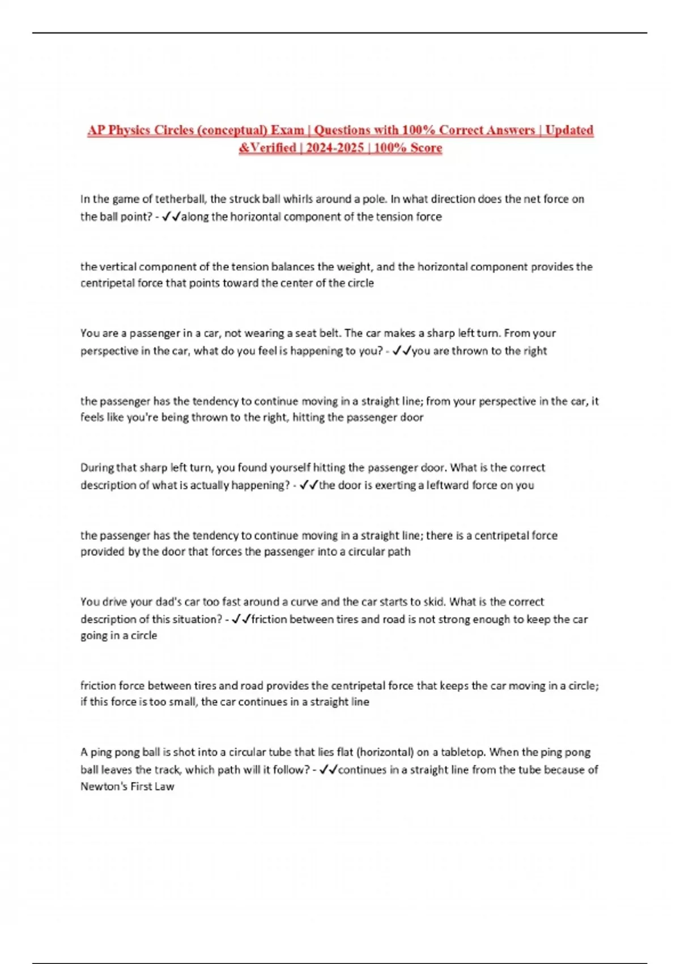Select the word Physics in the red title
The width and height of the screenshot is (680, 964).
point(137,130)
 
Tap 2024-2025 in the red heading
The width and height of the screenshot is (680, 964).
point(335,148)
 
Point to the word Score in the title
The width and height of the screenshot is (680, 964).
point(426,148)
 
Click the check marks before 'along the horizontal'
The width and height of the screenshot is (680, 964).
point(171,217)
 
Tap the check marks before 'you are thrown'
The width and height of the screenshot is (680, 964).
point(401,351)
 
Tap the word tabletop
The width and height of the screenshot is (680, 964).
point(462,752)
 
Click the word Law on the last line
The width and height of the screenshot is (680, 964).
point(165,787)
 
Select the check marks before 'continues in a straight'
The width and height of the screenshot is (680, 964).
point(329,770)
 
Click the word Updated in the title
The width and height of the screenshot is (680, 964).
point(569,130)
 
